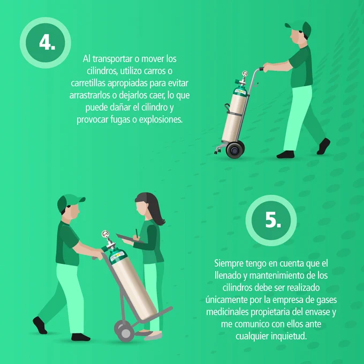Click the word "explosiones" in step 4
click(x=161, y=120)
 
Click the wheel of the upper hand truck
click(x=235, y=150)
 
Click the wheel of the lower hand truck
click(x=124, y=331)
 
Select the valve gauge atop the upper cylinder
click(x=245, y=74)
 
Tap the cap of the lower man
click(x=69, y=202)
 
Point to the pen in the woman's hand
click(x=136, y=233)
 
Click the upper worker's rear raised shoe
click(x=323, y=146)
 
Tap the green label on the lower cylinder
click(x=118, y=255)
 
